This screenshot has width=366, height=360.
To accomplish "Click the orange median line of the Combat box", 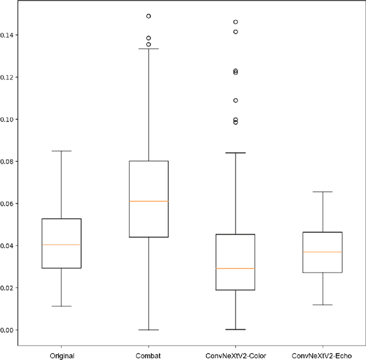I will pyautogui.click(x=148, y=201).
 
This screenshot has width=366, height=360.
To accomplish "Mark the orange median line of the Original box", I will pyautogui.click(x=61, y=245).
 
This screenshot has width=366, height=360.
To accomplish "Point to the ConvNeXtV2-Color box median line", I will pyautogui.click(x=235, y=269).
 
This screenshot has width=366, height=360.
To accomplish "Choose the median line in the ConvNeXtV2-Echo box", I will pyautogui.click(x=323, y=252).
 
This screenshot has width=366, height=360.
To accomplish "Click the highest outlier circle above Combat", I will pyautogui.click(x=148, y=16).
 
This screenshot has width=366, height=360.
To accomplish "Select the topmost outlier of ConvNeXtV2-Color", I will pyautogui.click(x=235, y=22).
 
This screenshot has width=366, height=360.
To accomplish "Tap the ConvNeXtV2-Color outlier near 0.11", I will pyautogui.click(x=235, y=101).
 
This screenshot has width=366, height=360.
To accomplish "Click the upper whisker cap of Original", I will pyautogui.click(x=61, y=151).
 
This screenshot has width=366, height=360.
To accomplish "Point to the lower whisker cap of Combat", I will pyautogui.click(x=148, y=330).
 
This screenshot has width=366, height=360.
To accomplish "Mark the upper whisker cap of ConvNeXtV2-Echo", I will pyautogui.click(x=323, y=192).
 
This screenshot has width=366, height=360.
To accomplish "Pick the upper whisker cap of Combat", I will pyautogui.click(x=148, y=49).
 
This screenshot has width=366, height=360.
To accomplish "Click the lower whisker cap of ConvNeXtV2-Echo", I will pyautogui.click(x=323, y=305).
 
